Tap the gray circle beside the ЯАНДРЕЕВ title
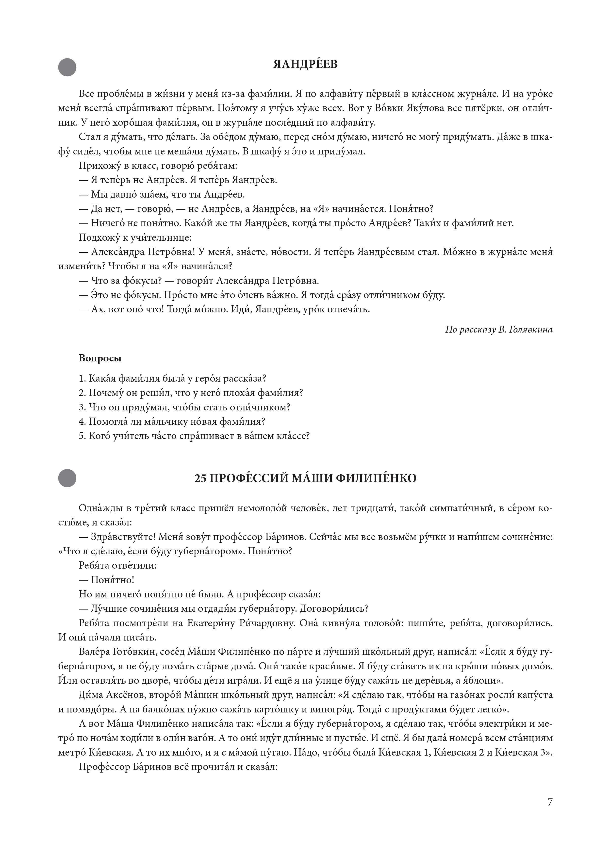(x=67, y=67)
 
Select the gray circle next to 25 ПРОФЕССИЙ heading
(x=67, y=478)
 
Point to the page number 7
(x=550, y=802)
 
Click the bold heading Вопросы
(x=100, y=358)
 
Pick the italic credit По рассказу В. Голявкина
(x=499, y=330)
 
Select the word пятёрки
(x=486, y=108)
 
